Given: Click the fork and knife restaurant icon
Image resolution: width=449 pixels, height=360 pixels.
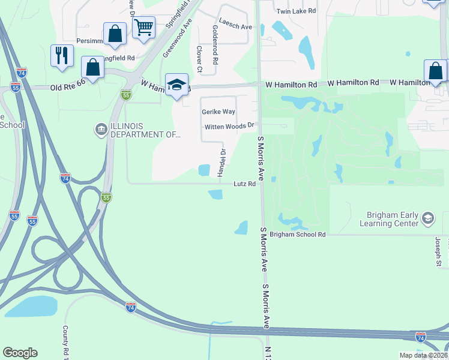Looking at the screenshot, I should [62, 56].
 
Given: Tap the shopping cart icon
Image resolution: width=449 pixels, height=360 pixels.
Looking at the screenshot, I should [143, 27].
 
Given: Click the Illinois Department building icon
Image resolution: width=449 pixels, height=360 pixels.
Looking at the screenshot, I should [100, 128].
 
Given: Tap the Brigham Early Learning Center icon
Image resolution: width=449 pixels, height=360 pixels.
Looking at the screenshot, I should [428, 218].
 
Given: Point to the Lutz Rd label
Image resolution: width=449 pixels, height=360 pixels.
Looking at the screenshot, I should [245, 184].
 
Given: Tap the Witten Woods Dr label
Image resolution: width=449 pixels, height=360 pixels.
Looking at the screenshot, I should [230, 127].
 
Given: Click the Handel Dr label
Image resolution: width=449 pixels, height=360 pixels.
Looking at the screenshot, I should [221, 160].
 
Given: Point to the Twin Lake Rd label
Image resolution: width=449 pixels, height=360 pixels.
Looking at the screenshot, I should [296, 11].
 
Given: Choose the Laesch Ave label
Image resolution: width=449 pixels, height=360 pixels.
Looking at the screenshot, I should [235, 26].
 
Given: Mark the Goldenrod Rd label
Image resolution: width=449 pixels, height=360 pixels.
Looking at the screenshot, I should [214, 45].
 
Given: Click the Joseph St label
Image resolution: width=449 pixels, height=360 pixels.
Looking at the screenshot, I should [438, 251].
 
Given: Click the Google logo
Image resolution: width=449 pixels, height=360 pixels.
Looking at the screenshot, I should [20, 353].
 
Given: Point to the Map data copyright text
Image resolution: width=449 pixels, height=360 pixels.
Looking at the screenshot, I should [423, 355].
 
